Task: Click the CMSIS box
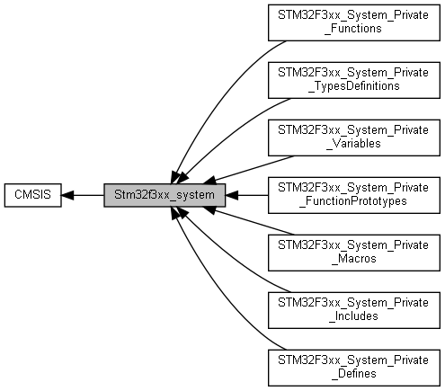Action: point(33,195)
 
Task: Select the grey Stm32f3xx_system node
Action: point(165,195)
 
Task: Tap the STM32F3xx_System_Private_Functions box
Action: point(354,22)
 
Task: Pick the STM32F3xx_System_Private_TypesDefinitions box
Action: point(354,80)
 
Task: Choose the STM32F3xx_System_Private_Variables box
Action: point(354,138)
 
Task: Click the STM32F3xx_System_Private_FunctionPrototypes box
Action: point(354,195)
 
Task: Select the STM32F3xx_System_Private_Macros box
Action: point(354,253)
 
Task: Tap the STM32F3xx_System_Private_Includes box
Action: point(354,310)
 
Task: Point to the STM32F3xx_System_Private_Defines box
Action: point(354,368)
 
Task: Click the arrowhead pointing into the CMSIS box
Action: point(67,195)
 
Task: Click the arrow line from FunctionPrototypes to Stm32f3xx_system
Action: point(246,195)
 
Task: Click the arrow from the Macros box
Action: point(249,221)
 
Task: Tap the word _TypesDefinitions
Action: point(354,86)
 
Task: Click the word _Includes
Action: point(354,316)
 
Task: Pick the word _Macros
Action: point(354,259)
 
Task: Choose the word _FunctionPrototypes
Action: point(353,201)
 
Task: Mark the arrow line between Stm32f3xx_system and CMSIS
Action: point(83,195)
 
